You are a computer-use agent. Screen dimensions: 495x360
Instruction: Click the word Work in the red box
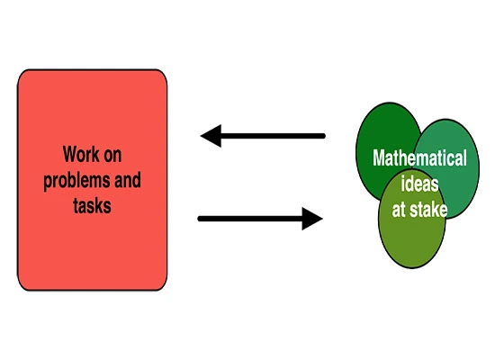click(x=80, y=154)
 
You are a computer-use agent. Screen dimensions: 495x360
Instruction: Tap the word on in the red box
click(x=112, y=156)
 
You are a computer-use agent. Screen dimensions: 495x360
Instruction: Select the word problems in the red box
click(x=76, y=181)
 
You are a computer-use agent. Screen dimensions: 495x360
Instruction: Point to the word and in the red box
click(x=128, y=180)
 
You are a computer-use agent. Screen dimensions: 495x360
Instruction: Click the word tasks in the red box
click(x=92, y=205)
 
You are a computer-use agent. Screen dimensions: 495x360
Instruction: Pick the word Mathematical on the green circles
click(x=419, y=157)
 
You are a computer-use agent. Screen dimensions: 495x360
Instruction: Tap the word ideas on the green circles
click(x=419, y=184)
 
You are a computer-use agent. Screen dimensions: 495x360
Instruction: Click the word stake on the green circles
click(x=428, y=209)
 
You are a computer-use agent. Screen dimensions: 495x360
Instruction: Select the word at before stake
click(x=399, y=210)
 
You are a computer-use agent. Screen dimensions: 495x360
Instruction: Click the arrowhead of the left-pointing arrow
click(x=211, y=136)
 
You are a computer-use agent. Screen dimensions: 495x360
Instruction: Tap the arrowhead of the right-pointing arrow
click(x=312, y=219)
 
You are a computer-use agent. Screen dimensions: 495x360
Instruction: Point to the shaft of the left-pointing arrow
click(x=273, y=136)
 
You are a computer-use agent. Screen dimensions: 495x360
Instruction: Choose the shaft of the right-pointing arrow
click(x=249, y=219)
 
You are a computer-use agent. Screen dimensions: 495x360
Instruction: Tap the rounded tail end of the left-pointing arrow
click(x=323, y=136)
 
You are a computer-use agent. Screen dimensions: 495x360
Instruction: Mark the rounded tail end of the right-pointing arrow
click(x=200, y=219)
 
